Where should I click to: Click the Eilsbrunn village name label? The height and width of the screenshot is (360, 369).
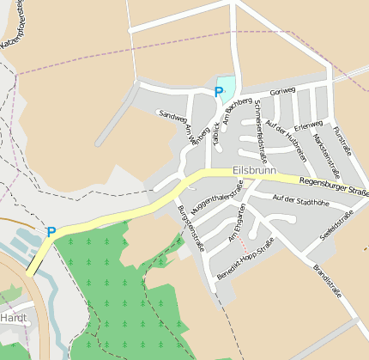pyautogui.click(x=255, y=171)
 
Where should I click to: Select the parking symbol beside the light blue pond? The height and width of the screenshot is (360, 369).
pyautogui.click(x=218, y=90)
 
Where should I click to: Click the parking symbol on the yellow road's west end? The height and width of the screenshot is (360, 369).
pyautogui.click(x=51, y=232)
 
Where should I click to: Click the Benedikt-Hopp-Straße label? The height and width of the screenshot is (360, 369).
pyautogui.click(x=245, y=260)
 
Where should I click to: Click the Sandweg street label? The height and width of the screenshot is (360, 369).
pyautogui.click(x=172, y=119)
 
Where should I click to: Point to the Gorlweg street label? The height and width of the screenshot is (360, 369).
pyautogui.click(x=281, y=93)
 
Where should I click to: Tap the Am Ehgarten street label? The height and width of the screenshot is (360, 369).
pyautogui.click(x=237, y=224)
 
